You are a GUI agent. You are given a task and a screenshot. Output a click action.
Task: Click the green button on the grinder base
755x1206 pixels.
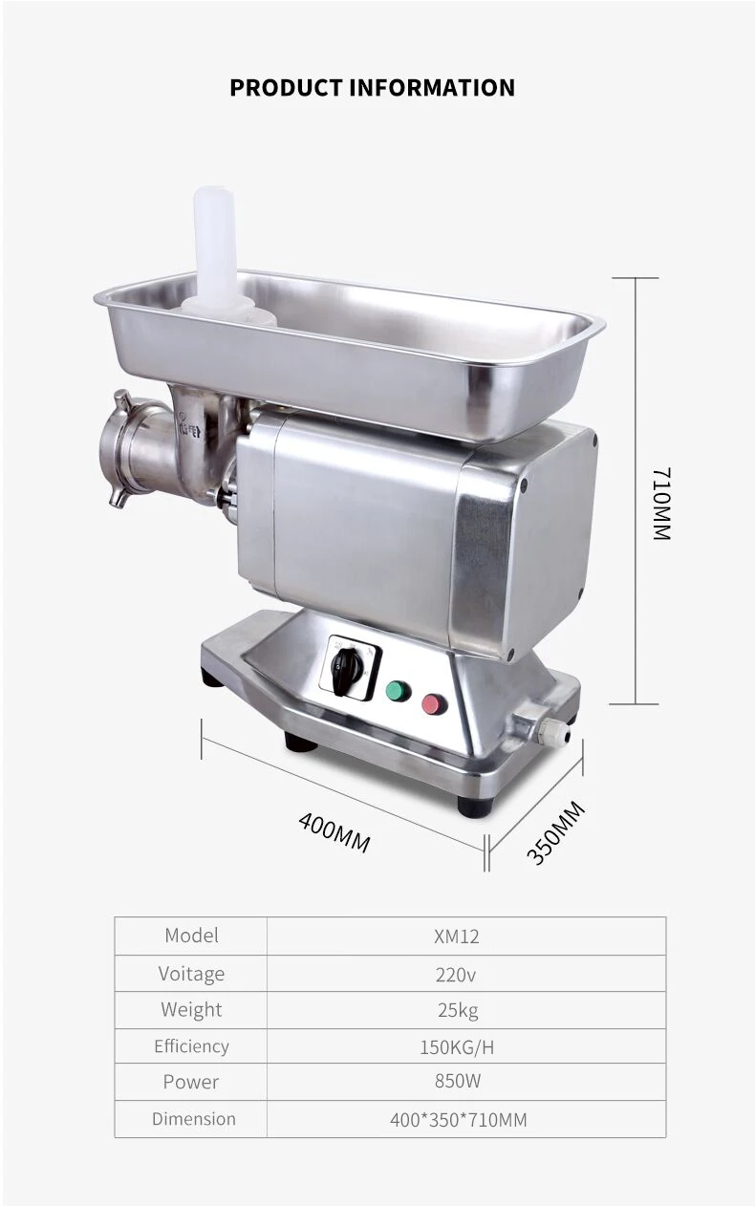399,692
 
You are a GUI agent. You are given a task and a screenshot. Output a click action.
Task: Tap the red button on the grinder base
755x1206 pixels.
435,704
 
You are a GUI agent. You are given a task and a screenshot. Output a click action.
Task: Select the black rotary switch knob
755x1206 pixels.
341,672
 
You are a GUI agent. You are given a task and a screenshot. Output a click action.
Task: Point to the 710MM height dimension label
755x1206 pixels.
662,504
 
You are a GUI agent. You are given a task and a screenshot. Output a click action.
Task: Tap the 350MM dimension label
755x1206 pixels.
555,832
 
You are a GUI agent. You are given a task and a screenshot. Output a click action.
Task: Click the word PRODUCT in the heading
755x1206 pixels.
286,88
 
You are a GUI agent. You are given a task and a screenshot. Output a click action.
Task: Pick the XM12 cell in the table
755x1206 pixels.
457,937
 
